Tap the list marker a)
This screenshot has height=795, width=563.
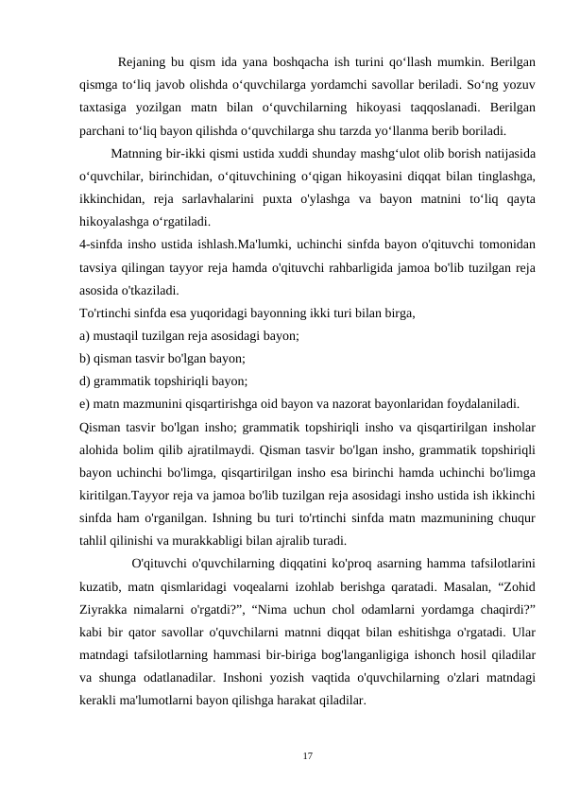85,337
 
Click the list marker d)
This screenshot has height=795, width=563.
85,382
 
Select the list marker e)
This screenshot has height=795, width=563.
85,405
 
